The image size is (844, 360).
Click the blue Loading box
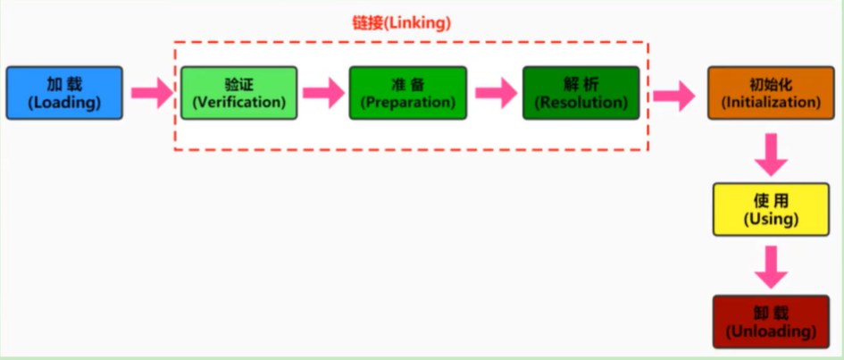coord(63,92)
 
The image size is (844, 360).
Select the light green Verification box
coord(239,92)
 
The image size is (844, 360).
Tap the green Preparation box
coord(407,92)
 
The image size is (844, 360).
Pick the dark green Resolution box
coord(581,92)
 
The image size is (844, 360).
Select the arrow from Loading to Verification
coord(151,92)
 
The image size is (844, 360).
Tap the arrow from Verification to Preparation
coord(323,92)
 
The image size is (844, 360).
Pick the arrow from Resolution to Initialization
coord(674,95)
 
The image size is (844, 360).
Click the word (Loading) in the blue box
coord(63,102)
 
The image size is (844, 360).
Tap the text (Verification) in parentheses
coord(239,102)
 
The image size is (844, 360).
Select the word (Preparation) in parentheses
coord(407,102)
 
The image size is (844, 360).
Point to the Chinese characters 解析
coord(581,84)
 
